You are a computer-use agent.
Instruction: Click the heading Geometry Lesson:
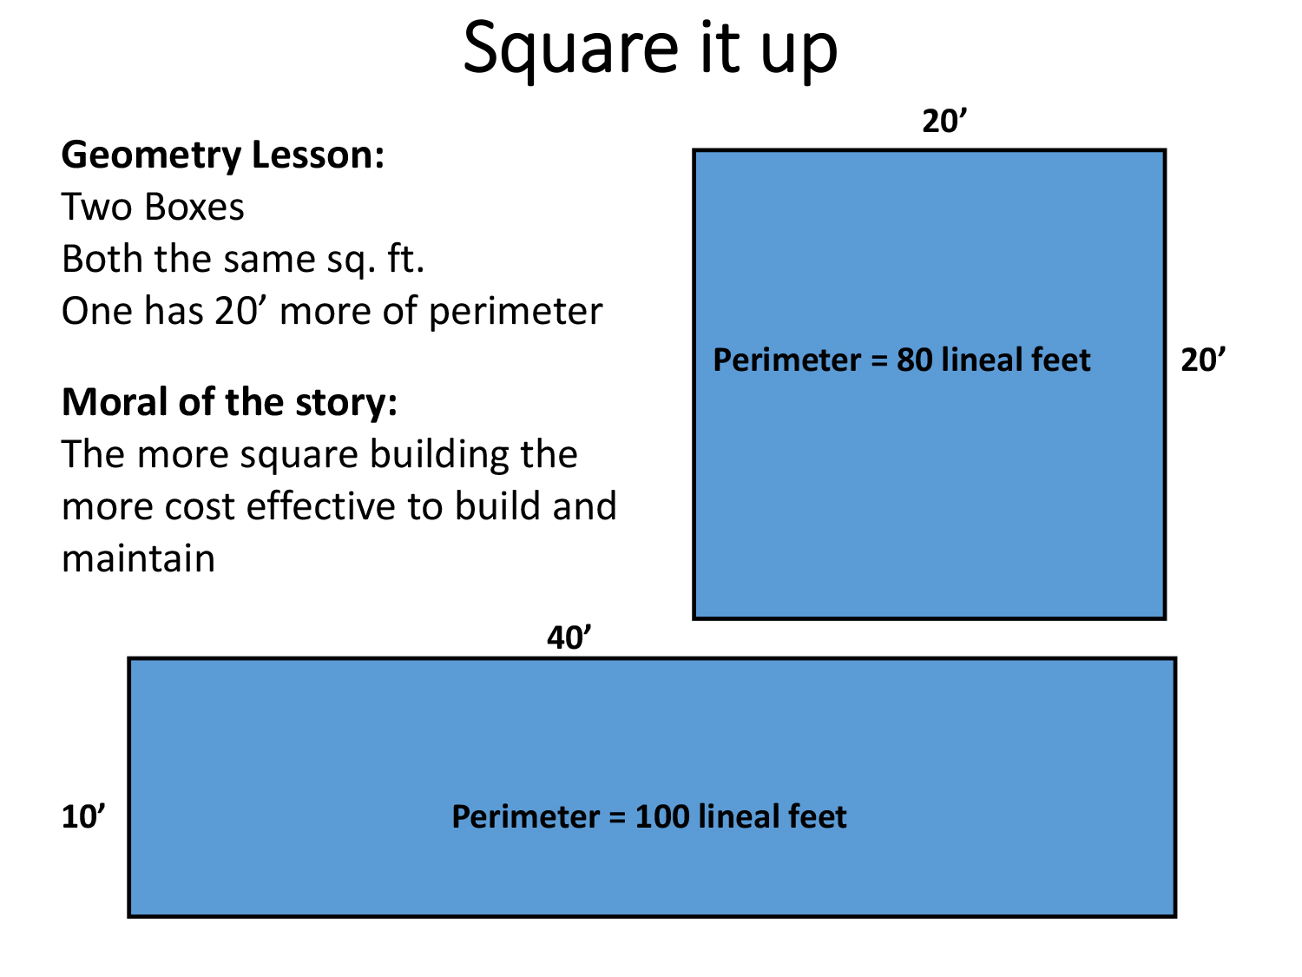click(223, 155)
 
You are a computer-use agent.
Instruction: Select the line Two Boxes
click(153, 207)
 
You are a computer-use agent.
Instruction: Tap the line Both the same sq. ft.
click(243, 260)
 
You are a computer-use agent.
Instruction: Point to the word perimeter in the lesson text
click(516, 312)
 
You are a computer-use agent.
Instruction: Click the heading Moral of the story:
click(229, 402)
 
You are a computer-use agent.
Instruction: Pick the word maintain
click(139, 558)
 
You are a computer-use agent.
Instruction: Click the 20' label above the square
click(944, 121)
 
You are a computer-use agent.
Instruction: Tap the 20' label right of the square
click(1203, 360)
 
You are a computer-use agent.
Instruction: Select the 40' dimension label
click(569, 637)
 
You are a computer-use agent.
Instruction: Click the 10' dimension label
click(83, 817)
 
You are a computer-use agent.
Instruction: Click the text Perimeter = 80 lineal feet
click(902, 360)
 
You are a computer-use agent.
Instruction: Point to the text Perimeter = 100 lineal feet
click(649, 816)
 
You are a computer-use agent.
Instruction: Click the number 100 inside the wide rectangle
click(661, 817)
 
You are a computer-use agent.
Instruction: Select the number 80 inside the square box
click(914, 360)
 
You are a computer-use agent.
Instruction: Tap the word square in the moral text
click(299, 457)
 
